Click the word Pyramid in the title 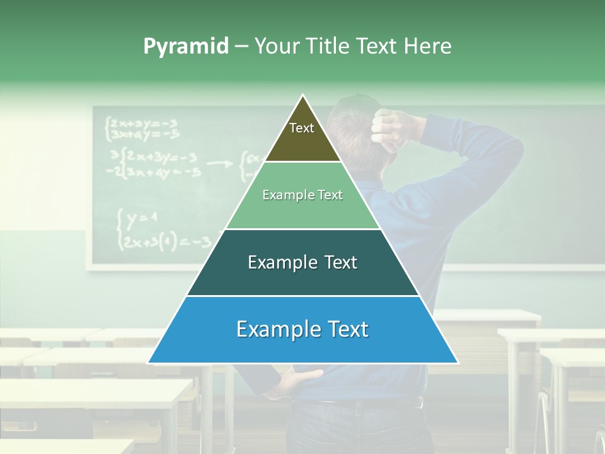tap(186, 46)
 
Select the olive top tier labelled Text tap(302, 136)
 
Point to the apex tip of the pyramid tap(303, 96)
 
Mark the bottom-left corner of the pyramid tap(149, 363)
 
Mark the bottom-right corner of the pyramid tap(457, 363)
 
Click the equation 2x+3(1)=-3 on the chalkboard tap(167, 242)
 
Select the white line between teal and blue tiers tap(302, 296)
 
